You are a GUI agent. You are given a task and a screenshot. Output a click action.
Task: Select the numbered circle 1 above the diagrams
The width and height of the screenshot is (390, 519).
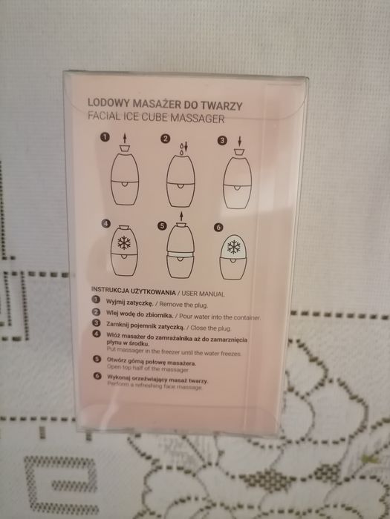tap(105, 137)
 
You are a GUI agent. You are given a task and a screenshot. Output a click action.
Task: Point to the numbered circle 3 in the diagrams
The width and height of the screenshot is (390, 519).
tap(221, 139)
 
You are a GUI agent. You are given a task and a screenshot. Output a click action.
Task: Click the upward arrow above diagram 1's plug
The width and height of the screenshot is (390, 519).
tap(123, 139)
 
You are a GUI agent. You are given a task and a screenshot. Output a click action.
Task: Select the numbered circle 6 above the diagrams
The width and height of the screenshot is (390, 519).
tap(218, 228)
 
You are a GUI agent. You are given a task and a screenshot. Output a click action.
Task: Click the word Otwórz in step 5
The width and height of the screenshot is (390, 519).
tap(114, 360)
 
